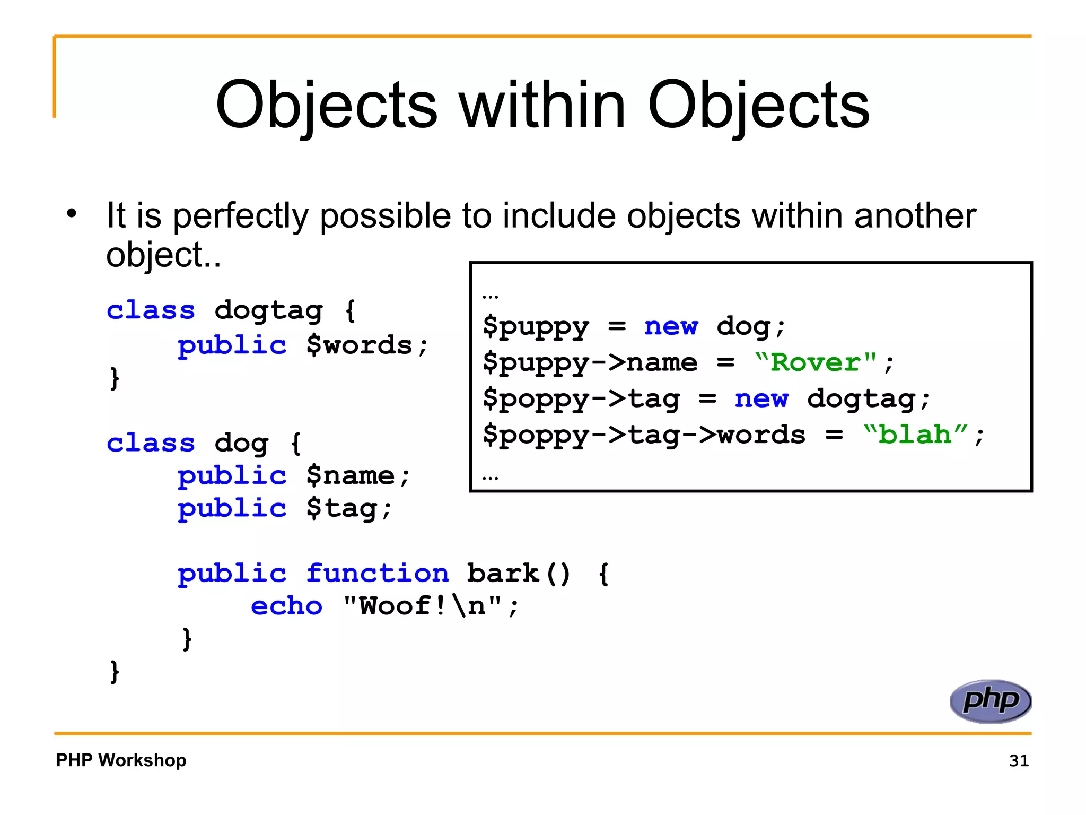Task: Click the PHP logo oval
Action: [x=990, y=701]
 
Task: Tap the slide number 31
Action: [x=1019, y=760]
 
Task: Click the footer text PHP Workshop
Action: [x=121, y=760]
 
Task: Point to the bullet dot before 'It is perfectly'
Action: [x=72, y=214]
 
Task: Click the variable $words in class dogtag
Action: [x=360, y=345]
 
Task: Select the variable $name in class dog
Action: [x=351, y=475]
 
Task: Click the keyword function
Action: [x=377, y=573]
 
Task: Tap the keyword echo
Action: [x=286, y=606]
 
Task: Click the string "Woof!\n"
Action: [x=423, y=606]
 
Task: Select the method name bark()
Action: [x=519, y=573]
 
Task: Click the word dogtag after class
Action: [x=268, y=310]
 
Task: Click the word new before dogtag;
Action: [x=761, y=398]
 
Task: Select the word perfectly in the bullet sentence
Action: [x=241, y=216]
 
